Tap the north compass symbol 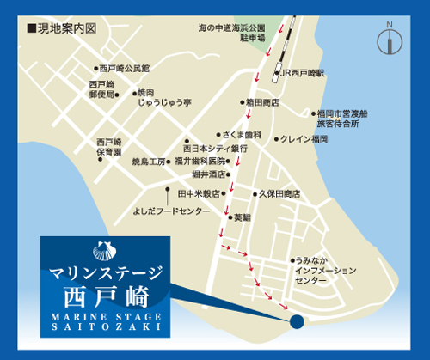click(390, 38)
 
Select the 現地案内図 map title click(63, 28)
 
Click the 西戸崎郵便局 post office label click(101, 89)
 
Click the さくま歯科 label click(241, 135)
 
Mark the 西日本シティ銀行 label click(215, 148)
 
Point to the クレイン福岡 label click(304, 138)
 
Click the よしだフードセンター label click(171, 210)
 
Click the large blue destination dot click(297, 322)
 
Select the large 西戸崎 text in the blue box click(106, 297)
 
